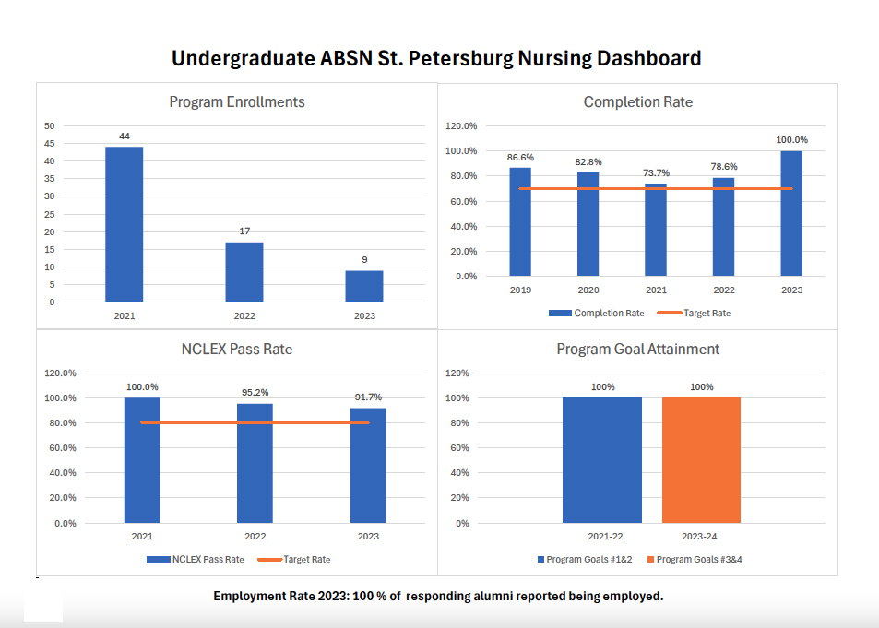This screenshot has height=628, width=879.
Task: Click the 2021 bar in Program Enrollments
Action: click(124, 224)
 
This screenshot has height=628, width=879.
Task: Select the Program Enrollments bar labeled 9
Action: click(364, 286)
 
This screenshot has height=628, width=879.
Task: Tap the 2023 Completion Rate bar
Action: click(791, 213)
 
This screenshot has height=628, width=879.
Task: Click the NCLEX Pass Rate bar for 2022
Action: click(255, 463)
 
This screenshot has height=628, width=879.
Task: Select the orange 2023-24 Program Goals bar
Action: click(701, 460)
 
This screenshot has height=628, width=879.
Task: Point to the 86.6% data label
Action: click(521, 158)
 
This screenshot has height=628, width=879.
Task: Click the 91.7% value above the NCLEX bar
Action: click(368, 397)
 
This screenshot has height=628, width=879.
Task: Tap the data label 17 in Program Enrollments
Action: click(244, 231)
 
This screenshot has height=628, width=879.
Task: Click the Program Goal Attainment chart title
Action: click(637, 350)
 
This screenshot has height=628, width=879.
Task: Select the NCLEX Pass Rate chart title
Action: click(237, 350)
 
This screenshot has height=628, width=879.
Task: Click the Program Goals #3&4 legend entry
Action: click(695, 560)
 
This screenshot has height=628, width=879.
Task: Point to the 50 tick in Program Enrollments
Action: click(50, 125)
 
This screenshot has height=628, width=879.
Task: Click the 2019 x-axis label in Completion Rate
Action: click(521, 290)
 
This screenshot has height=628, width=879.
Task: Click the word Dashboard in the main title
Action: click(648, 58)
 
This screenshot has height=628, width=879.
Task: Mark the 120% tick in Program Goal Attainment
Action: click(457, 373)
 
